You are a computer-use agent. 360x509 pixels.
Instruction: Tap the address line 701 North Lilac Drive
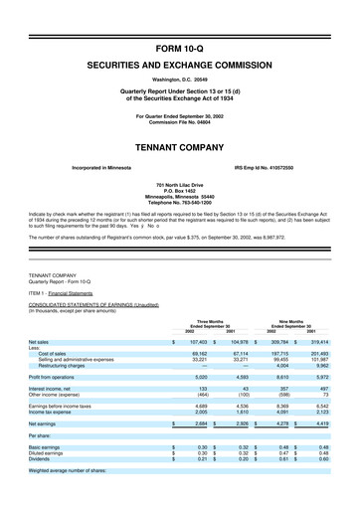[180, 185]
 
